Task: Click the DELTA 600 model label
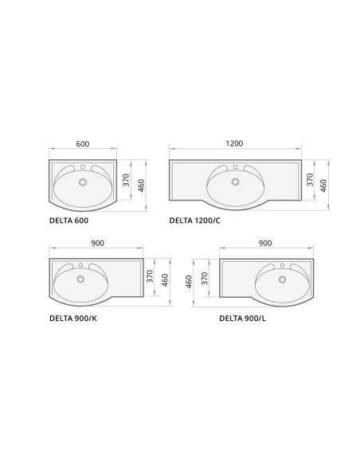68,221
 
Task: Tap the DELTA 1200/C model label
195,221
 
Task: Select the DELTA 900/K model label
73,318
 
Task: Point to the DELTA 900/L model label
243,318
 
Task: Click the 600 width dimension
83,144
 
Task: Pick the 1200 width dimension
235,143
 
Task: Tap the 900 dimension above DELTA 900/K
97,243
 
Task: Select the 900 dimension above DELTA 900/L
265,243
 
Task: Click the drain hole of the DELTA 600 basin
83,182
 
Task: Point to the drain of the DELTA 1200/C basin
236,182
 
